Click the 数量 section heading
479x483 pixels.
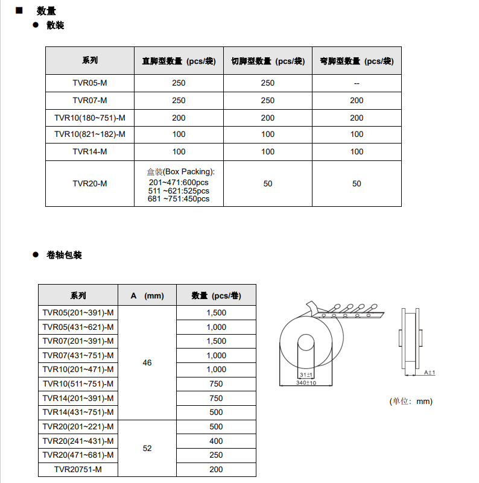click(46, 11)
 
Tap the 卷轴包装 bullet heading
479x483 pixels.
click(64, 255)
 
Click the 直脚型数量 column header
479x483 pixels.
click(179, 61)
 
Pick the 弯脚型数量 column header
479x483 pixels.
click(357, 61)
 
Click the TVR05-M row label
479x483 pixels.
click(90, 83)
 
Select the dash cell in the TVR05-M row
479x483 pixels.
click(357, 83)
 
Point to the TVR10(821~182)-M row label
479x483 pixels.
click(90, 134)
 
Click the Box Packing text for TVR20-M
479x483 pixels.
click(180, 172)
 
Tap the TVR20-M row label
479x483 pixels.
click(90, 183)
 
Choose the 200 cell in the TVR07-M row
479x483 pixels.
click(357, 101)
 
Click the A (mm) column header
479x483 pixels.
click(147, 295)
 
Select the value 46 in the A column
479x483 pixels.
click(147, 362)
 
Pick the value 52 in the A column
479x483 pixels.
click(147, 449)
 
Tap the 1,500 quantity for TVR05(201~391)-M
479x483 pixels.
click(216, 313)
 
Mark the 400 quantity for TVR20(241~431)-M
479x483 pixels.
click(216, 441)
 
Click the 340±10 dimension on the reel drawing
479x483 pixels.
click(306, 383)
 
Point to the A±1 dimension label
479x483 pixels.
click(429, 373)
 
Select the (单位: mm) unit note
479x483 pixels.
click(411, 401)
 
